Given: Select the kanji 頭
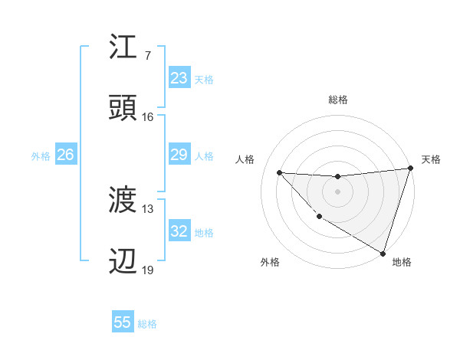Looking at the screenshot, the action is [123, 108].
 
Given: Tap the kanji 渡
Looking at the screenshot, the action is [123, 201].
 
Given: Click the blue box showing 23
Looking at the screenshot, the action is [179, 78].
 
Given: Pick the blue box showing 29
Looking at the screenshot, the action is [179, 155].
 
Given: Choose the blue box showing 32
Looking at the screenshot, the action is [179, 232].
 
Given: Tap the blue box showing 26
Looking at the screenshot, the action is [65, 155].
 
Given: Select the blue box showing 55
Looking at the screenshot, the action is [123, 322].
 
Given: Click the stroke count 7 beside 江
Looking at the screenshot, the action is [147, 55].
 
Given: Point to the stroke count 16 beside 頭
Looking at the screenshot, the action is [147, 116].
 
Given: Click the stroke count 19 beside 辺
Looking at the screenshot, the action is [147, 270].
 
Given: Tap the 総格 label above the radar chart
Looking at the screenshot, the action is [338, 100].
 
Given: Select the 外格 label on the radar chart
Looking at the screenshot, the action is [270, 262].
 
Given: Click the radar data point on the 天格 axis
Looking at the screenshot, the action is [411, 169].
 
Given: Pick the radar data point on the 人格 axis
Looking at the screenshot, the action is [279, 172].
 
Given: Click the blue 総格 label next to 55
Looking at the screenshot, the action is [147, 324].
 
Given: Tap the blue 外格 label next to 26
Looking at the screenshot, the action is [41, 156].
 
